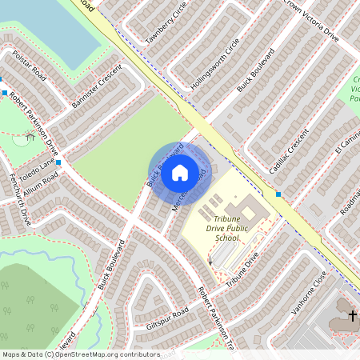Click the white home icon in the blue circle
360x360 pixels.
[x=180, y=172]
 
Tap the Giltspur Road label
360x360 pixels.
[x=167, y=313]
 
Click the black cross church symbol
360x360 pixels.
[x=352, y=315]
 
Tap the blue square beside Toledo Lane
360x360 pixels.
[x=58, y=162]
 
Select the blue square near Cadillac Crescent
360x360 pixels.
[x=278, y=194]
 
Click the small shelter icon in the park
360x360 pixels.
[x=30, y=137]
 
